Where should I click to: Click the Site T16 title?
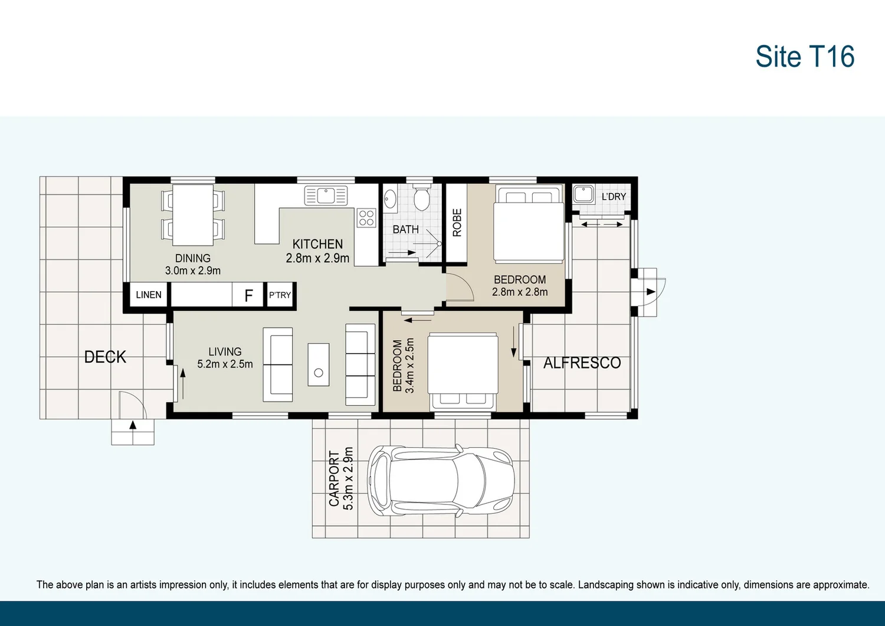point(804,57)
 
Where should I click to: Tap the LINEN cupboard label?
point(148,295)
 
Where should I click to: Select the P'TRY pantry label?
point(280,295)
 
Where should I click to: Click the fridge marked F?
point(248,295)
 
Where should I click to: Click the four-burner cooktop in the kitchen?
point(366,217)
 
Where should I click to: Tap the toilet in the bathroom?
point(421,198)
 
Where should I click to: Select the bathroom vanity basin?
point(390,199)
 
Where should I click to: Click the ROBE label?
point(457,223)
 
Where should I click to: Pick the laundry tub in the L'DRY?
point(584,194)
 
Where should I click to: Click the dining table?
point(193,215)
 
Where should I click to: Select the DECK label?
point(105,357)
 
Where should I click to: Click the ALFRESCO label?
point(582,363)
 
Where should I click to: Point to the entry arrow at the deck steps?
point(133,425)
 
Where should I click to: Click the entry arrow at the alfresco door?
point(650,292)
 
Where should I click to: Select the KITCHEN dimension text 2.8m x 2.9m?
point(317,258)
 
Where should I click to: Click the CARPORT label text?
point(334,478)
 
